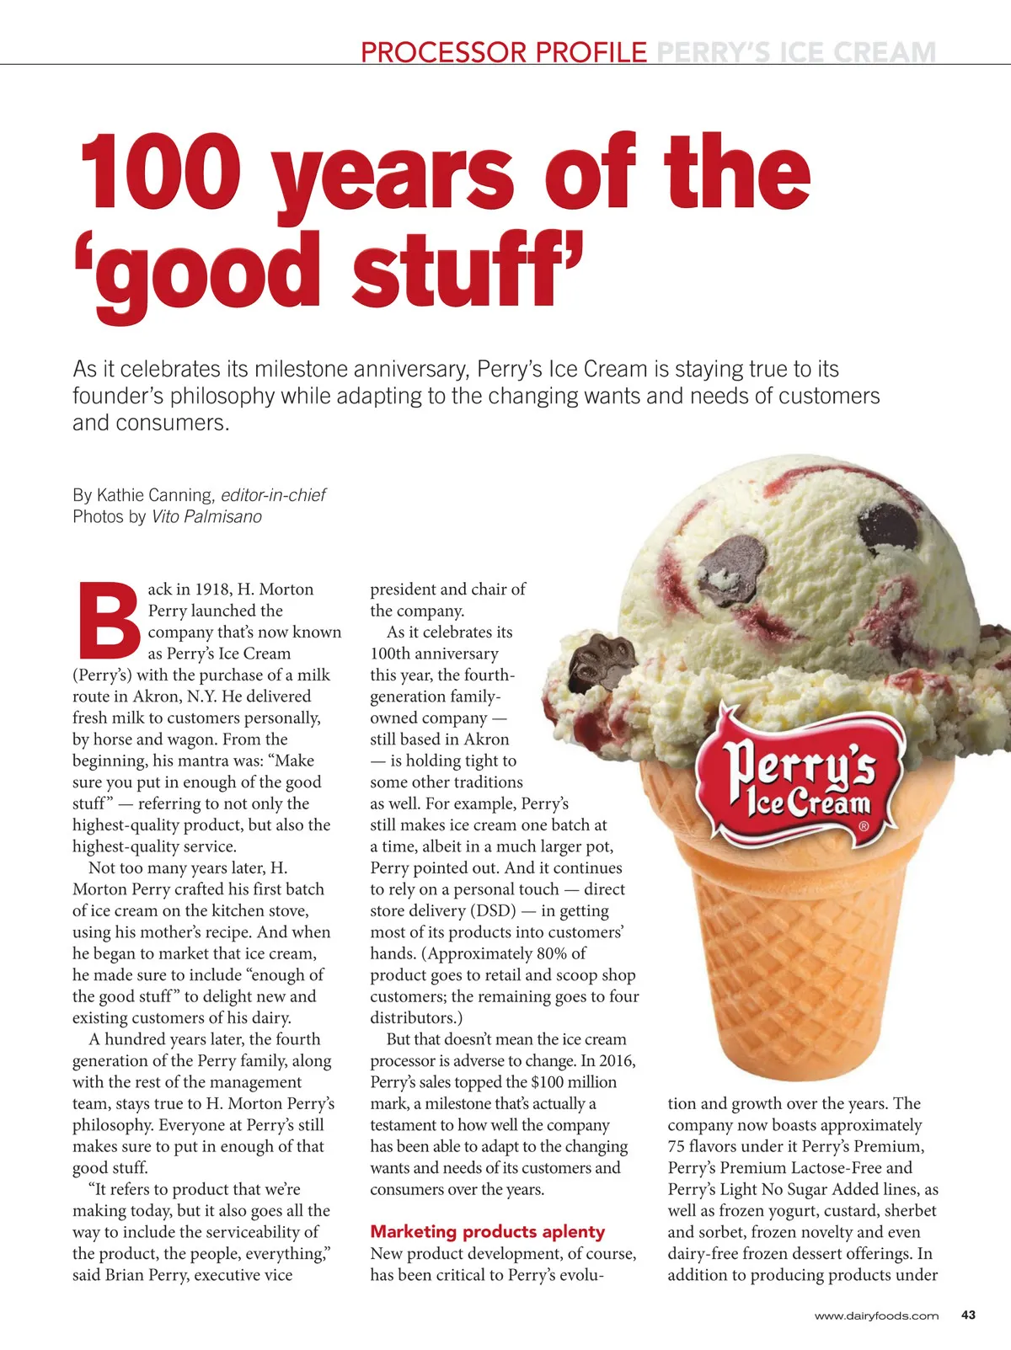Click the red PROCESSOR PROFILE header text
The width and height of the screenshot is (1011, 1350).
coord(503,52)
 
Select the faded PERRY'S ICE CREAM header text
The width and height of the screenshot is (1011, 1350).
coord(795,52)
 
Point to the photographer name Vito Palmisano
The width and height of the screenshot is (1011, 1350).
coord(206,516)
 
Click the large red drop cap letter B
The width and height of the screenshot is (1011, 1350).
coord(108,620)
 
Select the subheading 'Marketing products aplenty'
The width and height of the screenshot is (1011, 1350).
coord(487,1232)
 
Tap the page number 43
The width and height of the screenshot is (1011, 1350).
coord(968,1315)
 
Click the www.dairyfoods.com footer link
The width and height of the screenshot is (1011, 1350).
coord(876,1315)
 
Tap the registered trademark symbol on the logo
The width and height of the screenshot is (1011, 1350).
coord(864,827)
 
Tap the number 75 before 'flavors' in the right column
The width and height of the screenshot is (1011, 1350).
coord(677,1146)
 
